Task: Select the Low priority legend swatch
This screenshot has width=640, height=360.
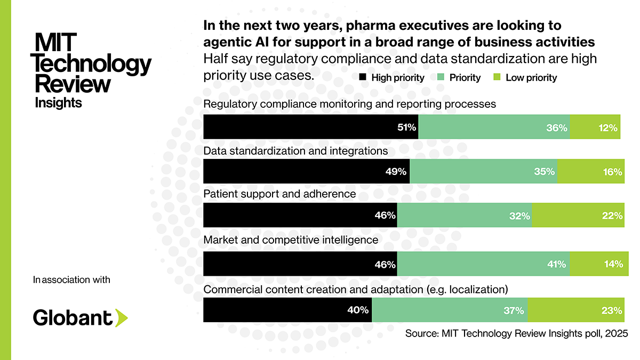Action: point(495,78)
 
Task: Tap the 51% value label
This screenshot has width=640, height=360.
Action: point(406,127)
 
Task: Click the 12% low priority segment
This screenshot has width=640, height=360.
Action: point(595,127)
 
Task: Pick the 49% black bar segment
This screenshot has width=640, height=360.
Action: point(307,172)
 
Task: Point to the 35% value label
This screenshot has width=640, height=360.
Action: point(545,172)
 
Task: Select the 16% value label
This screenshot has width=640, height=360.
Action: point(612,172)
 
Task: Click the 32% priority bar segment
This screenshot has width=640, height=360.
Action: point(465,216)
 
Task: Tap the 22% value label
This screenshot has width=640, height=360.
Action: point(613,216)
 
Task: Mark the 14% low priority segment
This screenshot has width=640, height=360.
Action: point(597,263)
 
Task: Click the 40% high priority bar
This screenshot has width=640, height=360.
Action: point(287,310)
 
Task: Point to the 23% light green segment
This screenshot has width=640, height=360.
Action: point(576,310)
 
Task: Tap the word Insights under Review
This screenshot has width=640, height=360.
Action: point(58,102)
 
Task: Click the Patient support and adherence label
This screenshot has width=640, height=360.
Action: point(279,194)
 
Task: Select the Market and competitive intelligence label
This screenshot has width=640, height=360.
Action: point(291,240)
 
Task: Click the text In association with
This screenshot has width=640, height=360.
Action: point(71,280)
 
